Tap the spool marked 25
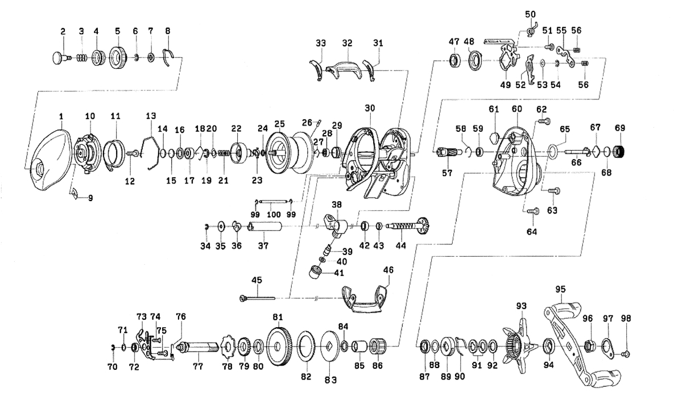[x=286, y=152]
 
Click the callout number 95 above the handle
[x=561, y=289]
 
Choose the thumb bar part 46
[x=363, y=299]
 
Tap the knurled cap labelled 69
[x=619, y=152]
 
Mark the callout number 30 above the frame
[x=371, y=108]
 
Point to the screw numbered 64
[x=533, y=211]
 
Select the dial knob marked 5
[x=118, y=57]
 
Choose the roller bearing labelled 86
[x=377, y=347]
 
